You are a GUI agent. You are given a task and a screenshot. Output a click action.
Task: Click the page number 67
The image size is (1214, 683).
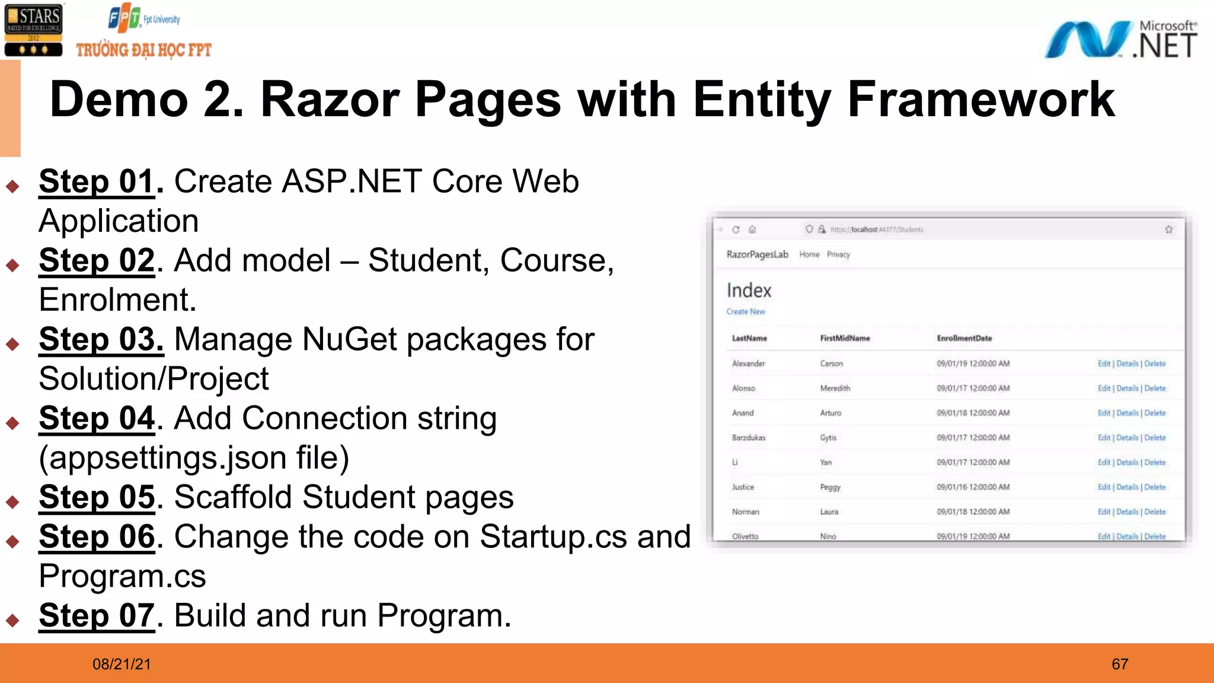click(x=1119, y=664)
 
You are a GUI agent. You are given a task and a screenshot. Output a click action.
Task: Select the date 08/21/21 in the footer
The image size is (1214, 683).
click(x=122, y=664)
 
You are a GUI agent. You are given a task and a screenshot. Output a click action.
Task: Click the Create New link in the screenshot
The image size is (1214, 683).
click(x=745, y=312)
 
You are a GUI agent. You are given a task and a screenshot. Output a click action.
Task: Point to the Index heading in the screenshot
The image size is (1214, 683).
click(x=749, y=291)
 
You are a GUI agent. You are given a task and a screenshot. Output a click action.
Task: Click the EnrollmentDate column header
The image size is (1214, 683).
click(x=964, y=339)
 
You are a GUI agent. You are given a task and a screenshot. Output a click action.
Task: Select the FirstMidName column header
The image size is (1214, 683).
click(x=845, y=339)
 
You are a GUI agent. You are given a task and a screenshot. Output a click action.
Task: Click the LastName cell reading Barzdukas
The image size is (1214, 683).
click(x=749, y=438)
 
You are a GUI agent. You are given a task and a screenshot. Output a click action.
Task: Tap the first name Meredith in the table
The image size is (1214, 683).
click(x=835, y=388)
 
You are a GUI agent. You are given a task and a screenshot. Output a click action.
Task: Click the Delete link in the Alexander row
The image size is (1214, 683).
click(x=1155, y=364)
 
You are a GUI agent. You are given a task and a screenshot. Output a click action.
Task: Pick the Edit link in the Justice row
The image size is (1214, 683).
click(x=1103, y=487)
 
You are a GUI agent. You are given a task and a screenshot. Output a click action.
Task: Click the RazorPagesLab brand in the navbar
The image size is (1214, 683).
click(x=757, y=255)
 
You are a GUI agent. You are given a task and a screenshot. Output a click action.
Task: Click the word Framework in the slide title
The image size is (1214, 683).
click(x=980, y=100)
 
